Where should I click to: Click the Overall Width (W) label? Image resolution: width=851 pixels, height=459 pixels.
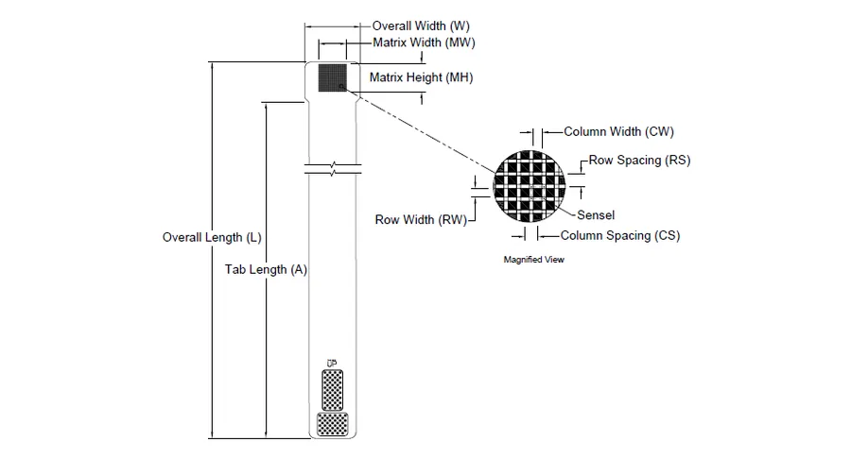click(x=421, y=26)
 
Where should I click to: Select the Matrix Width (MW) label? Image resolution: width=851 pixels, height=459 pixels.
click(x=424, y=42)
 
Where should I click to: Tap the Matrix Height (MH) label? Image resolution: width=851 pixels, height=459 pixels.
click(x=421, y=77)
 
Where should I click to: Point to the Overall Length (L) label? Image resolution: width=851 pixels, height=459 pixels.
click(x=212, y=237)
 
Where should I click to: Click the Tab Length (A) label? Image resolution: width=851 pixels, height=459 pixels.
click(x=266, y=269)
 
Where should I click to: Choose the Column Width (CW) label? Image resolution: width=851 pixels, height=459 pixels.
click(x=618, y=131)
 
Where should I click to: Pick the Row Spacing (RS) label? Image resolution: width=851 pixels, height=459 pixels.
click(x=639, y=161)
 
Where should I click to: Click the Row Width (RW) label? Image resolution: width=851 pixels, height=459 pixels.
click(x=421, y=219)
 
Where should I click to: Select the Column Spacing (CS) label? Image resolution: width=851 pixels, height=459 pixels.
click(x=619, y=236)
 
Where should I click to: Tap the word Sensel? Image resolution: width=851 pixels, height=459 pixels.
click(x=596, y=215)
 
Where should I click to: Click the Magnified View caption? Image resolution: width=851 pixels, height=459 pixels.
click(x=533, y=260)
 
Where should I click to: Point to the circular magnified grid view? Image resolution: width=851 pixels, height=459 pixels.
click(x=530, y=186)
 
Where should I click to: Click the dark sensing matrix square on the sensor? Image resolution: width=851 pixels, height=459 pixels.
click(x=332, y=77)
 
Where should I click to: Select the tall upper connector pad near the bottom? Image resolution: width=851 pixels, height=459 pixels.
click(x=332, y=390)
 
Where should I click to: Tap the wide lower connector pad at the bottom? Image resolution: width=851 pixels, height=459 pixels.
click(x=332, y=424)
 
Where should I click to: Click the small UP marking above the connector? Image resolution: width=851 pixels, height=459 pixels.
click(x=332, y=363)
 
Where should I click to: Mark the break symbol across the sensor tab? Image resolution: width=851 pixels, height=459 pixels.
click(x=333, y=168)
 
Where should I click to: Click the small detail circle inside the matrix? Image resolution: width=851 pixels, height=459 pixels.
click(x=341, y=86)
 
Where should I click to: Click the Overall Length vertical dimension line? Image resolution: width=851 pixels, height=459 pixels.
click(x=212, y=250)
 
